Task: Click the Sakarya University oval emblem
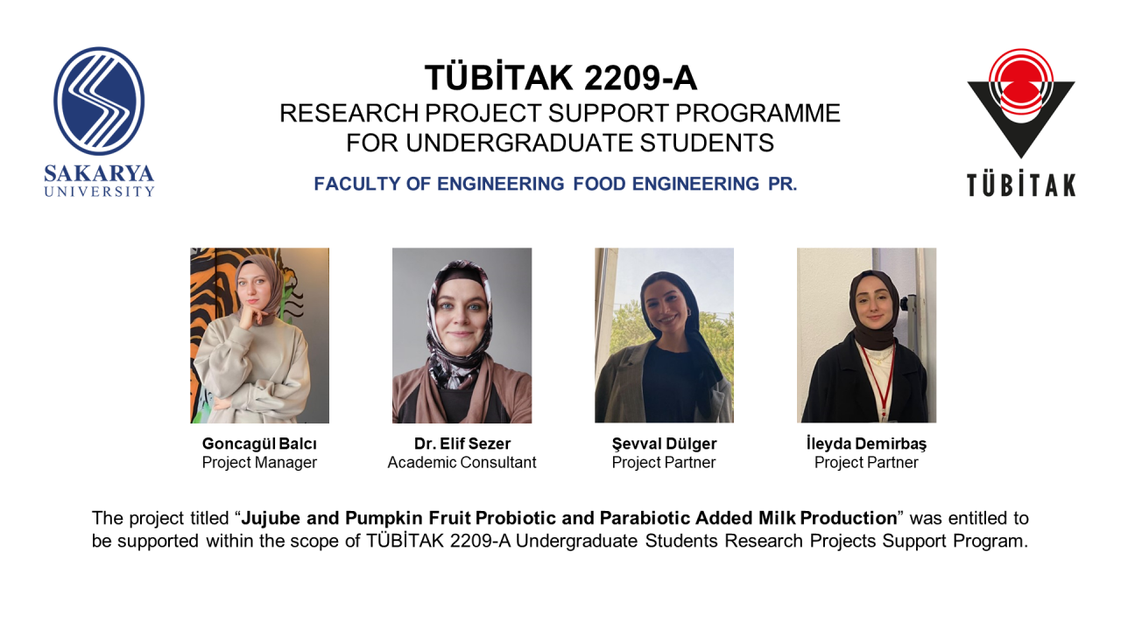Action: pos(99,101)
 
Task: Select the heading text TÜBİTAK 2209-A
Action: pos(560,78)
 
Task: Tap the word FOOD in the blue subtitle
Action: pos(599,184)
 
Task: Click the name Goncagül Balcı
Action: pos(259,444)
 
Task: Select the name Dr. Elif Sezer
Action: pos(462,444)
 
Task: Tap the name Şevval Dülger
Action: pos(664,444)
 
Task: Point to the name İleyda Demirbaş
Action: pos(866,444)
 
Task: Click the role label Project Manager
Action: pos(259,463)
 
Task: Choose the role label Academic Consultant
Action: pos(462,463)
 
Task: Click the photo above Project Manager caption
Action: pos(260,335)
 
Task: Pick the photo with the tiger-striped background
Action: pos(260,335)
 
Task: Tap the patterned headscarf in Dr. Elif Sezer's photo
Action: pos(459,325)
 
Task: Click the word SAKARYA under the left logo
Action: pos(99,174)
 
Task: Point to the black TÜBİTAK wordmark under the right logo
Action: pos(1021,185)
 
